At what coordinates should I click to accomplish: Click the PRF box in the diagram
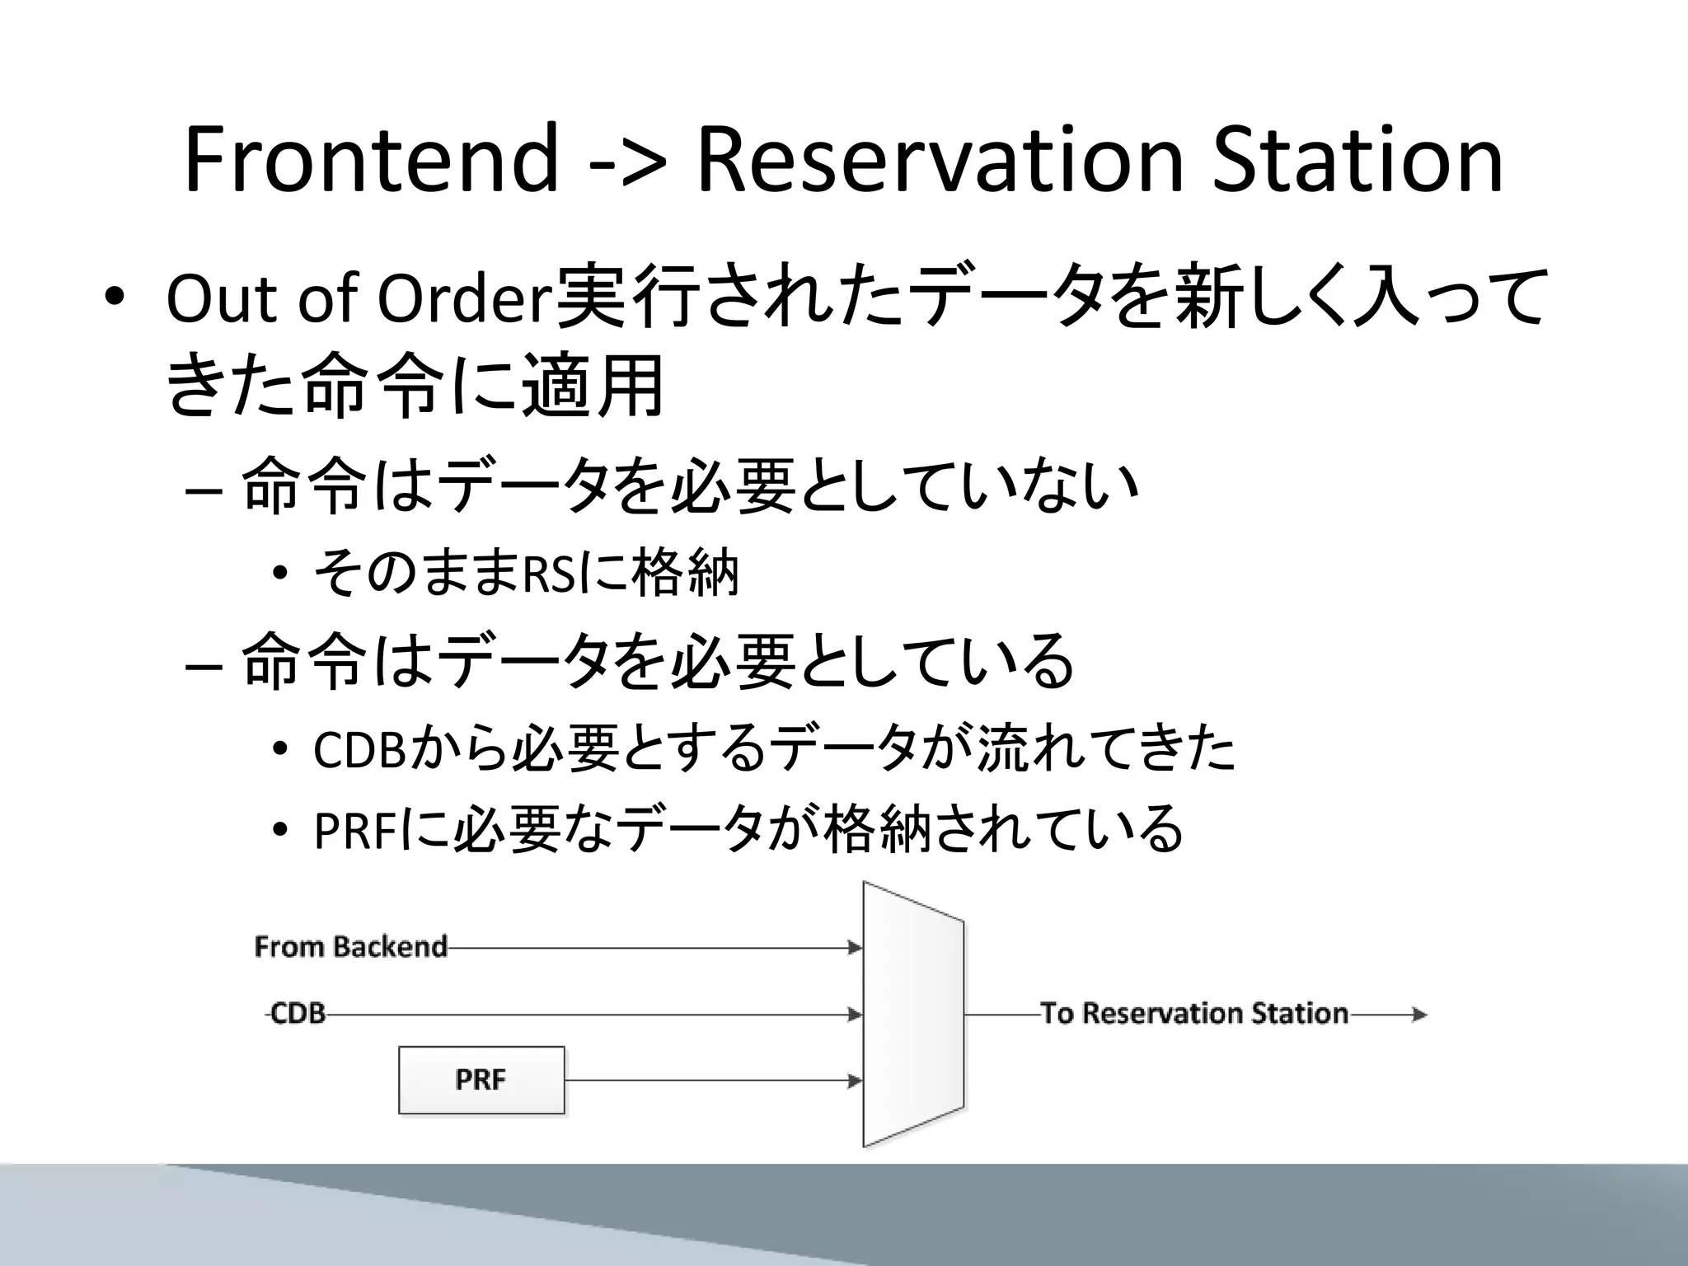481,1080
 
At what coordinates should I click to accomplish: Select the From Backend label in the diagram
350,946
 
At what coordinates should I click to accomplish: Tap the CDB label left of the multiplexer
298,1013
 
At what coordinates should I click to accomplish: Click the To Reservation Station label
1194,1013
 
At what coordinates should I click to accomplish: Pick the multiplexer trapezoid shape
912,1014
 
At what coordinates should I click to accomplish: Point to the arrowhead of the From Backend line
855,948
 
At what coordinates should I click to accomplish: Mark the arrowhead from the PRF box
855,1081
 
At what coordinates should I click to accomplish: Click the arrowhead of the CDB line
855,1015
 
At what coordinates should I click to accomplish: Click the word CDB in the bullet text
360,749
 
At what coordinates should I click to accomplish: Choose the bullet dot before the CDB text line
280,749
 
